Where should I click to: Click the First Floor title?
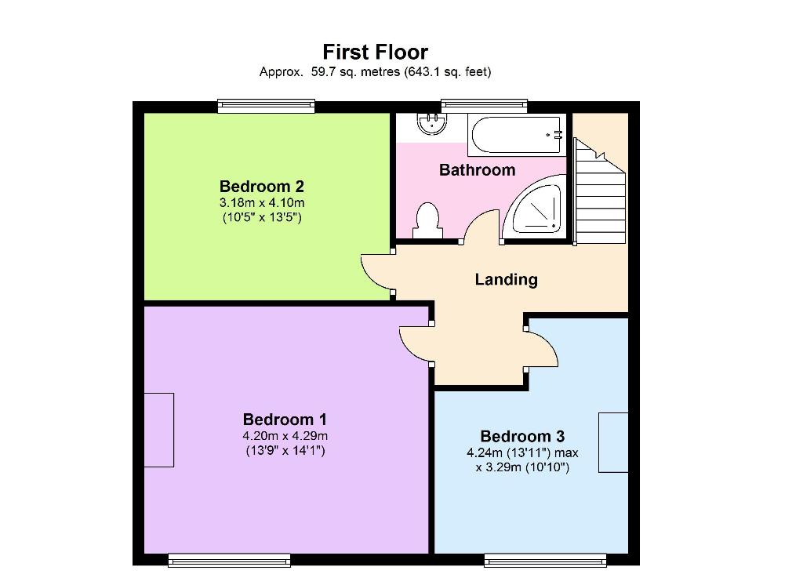(x=376, y=52)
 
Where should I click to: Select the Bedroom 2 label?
(x=262, y=186)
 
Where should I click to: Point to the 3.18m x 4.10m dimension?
(x=262, y=202)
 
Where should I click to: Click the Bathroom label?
(x=478, y=170)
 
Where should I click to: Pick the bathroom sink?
(x=432, y=123)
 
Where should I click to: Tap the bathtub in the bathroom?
(x=516, y=135)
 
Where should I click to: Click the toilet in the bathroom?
(x=427, y=220)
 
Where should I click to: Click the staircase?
(x=600, y=192)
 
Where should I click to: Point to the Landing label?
(x=506, y=279)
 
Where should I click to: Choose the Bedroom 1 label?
(x=285, y=420)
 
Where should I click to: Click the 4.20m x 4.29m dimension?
(x=285, y=436)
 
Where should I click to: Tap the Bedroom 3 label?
(x=522, y=436)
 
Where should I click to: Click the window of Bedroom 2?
(x=266, y=106)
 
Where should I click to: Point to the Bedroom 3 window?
(x=546, y=561)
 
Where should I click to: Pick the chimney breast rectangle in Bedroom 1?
(x=158, y=430)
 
